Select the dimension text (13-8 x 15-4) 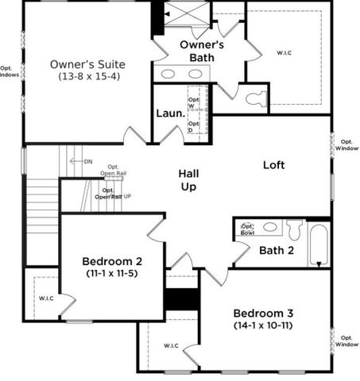[87, 77]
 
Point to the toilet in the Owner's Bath [255, 99]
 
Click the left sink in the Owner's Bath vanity [168, 74]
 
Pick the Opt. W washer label [192, 102]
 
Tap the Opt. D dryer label [192, 126]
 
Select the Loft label [274, 165]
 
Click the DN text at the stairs [87, 161]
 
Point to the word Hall [188, 174]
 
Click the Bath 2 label [276, 251]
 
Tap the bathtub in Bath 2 [318, 244]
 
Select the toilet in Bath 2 [295, 229]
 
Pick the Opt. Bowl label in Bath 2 [247, 229]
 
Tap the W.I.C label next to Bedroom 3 [171, 346]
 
